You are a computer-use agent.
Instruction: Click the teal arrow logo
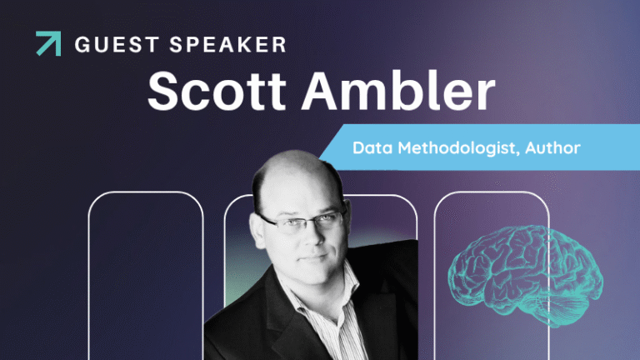click(x=48, y=43)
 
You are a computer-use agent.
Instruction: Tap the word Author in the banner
click(x=551, y=147)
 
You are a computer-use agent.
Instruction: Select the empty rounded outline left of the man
click(x=146, y=275)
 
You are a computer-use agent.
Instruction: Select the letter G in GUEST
click(x=82, y=44)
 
